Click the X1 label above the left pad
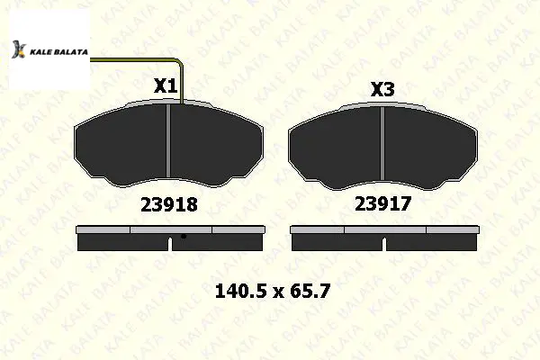coord(166,85)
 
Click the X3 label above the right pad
coord(382,90)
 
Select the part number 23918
coord(169,204)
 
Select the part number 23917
coord(383,203)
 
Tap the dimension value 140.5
coord(241,291)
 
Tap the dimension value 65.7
coord(310,291)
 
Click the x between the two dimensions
coord(279,293)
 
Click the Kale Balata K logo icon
coord(19,49)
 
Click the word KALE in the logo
coord(38,52)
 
